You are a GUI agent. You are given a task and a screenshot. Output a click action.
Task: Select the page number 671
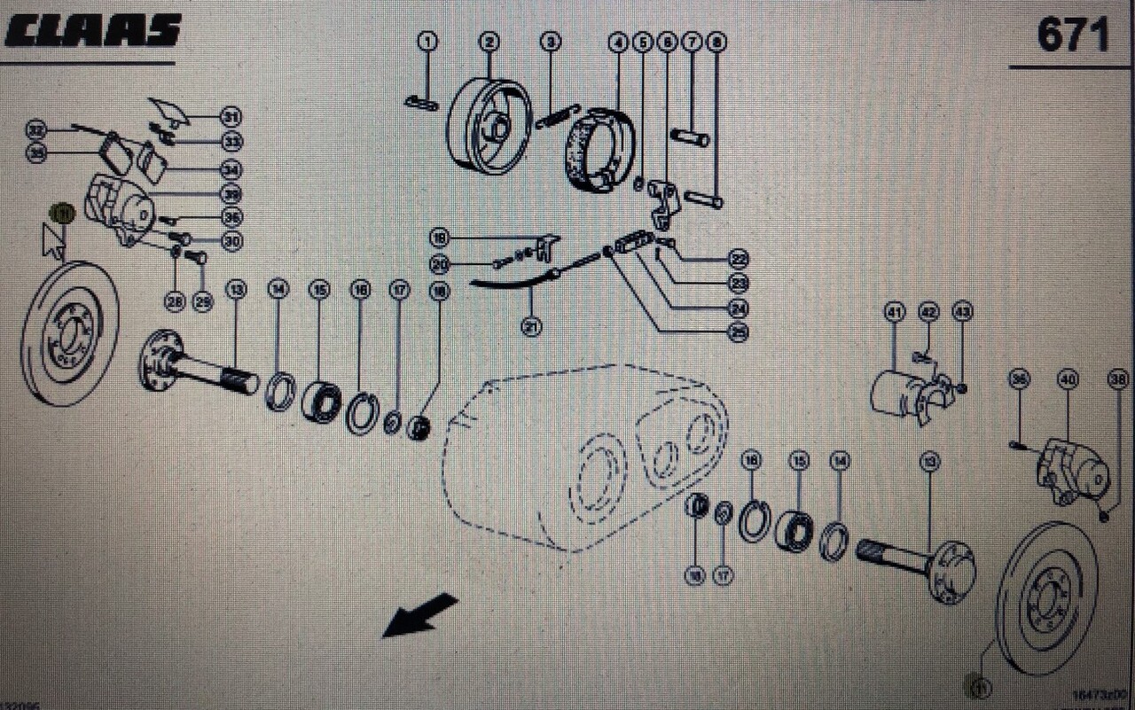coord(1073,35)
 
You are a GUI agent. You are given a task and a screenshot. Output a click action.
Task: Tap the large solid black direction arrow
coord(419,615)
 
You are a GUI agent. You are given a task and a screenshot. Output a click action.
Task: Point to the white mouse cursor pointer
coord(54,241)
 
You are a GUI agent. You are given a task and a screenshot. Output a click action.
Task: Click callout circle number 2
coord(489,41)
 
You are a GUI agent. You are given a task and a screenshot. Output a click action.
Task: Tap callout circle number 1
coord(427,41)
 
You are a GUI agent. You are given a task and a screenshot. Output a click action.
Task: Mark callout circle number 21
coord(532,327)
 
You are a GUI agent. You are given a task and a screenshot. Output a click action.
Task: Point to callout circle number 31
coord(231,116)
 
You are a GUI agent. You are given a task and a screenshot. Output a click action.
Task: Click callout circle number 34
coord(231,169)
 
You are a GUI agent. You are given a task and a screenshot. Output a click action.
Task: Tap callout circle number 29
coord(203,302)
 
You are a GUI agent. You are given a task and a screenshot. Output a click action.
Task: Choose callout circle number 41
coord(893,312)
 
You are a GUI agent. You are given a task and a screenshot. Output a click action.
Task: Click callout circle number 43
coord(962,312)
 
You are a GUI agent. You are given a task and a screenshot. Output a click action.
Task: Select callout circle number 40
coord(1068,380)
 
